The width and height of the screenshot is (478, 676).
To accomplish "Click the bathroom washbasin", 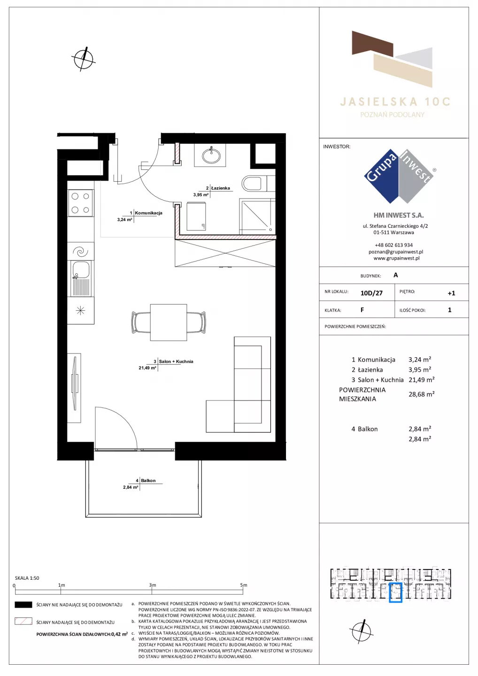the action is coord(212,155).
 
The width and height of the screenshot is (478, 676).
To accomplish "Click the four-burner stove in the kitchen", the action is coord(81,203).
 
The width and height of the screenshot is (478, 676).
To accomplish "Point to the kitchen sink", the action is coord(81,278).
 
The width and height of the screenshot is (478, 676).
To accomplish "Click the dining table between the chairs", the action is coord(169,323).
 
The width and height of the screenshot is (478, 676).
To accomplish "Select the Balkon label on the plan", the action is coord(148,480).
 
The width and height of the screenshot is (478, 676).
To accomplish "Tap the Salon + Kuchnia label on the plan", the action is coord(176,361).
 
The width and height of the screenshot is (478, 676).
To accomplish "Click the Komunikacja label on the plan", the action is coord(148,213).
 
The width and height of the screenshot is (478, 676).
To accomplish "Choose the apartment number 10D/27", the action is coord(371,293).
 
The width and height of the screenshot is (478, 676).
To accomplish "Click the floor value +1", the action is coord(451,293).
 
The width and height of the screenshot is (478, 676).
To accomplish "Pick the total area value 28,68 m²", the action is coord(421,394).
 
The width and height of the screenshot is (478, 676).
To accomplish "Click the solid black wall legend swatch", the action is coord(23,605).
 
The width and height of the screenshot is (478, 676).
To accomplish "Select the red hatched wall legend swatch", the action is coord(23,621).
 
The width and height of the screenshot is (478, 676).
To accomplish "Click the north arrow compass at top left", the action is coord(83,59).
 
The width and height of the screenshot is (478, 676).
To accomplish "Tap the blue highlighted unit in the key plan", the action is coord(395,593).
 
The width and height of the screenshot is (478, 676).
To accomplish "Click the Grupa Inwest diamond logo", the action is coord(399,176).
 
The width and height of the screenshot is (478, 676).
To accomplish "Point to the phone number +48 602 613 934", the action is coord(393,245).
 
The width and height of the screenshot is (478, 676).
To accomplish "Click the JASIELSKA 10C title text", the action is coord(395,102).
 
